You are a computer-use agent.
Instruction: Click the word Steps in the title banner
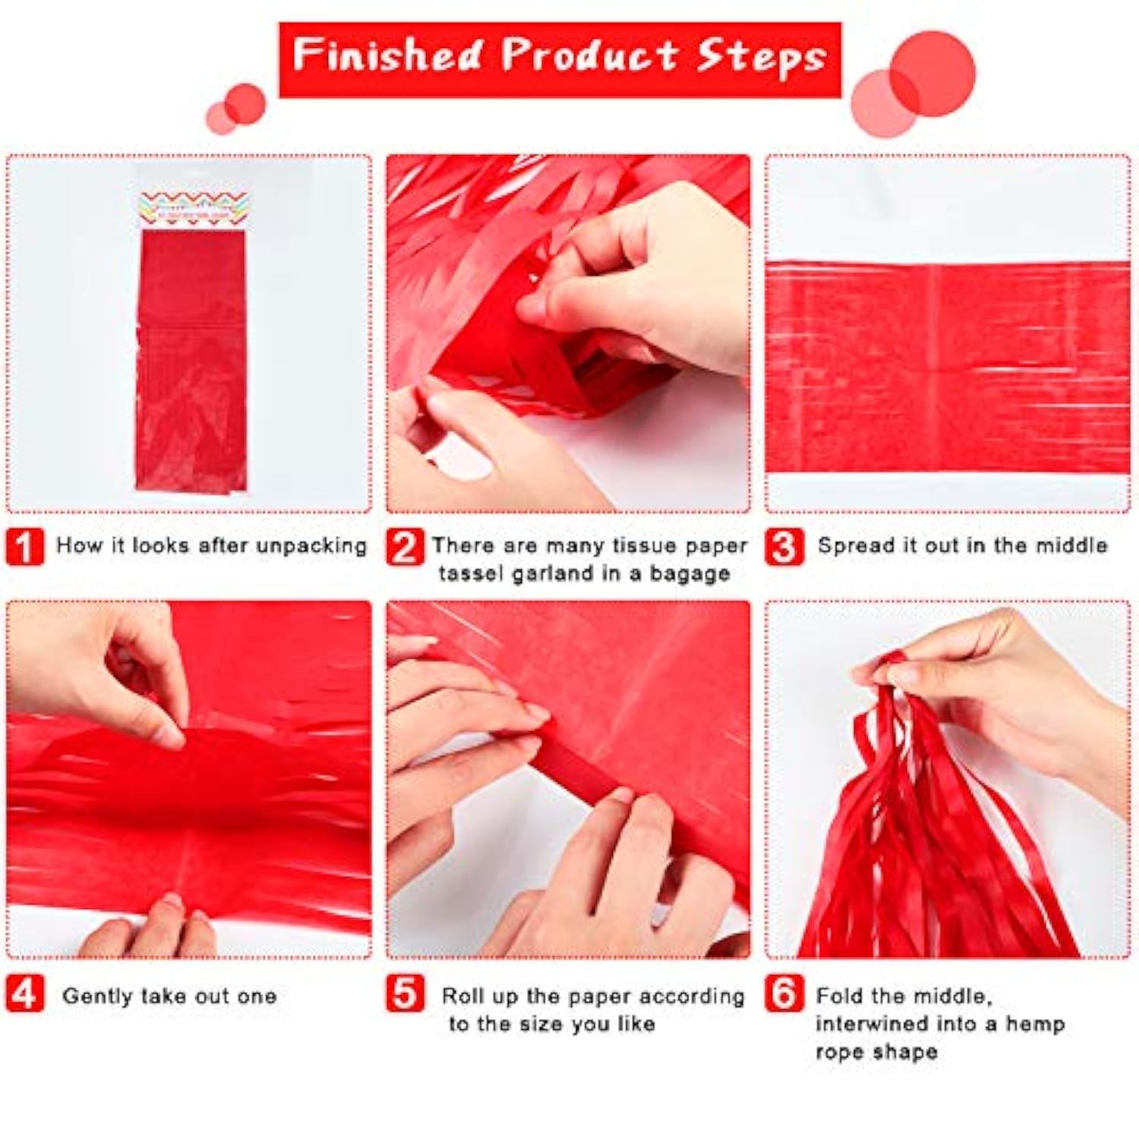pos(762,57)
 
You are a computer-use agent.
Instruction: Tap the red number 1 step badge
pos(24,547)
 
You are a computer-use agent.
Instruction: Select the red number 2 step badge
pos(404,547)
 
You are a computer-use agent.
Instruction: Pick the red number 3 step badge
pos(784,547)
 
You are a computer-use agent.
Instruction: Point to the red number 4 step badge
pos(24,994)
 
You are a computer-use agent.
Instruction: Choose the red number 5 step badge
pos(404,994)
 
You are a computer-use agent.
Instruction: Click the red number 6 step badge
pos(784,994)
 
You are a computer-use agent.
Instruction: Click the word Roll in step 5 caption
pos(462,995)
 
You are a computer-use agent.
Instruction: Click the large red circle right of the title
pos(932,74)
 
